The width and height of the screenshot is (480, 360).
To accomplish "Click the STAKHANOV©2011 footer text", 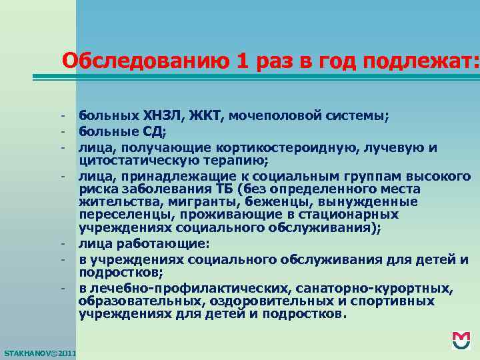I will click(x=40, y=352).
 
